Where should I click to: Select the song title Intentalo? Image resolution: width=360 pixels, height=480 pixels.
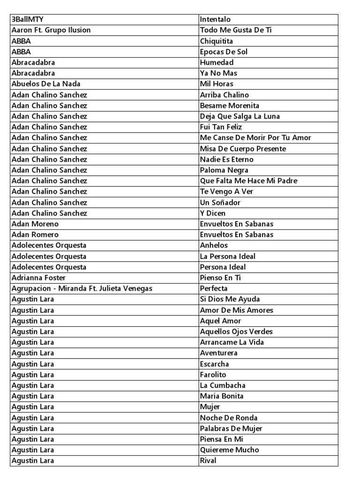[215, 20]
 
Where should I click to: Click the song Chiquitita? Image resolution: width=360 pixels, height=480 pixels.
[217, 41]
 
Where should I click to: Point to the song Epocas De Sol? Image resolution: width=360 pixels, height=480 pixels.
[224, 52]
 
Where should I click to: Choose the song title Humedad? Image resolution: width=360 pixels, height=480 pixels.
[217, 63]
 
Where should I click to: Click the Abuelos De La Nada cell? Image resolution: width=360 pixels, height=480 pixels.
[46, 84]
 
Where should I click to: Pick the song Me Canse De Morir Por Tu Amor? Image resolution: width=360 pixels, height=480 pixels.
[255, 138]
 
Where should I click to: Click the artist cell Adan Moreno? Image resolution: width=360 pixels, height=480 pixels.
[35, 224]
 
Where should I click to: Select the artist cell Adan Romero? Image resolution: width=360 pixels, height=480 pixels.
[35, 235]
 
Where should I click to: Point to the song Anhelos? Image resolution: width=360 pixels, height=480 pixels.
[214, 246]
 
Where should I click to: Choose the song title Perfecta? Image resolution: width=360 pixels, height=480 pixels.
[214, 289]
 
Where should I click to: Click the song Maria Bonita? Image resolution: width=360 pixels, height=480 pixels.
[222, 397]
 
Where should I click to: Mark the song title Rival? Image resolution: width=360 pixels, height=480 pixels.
[208, 461]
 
